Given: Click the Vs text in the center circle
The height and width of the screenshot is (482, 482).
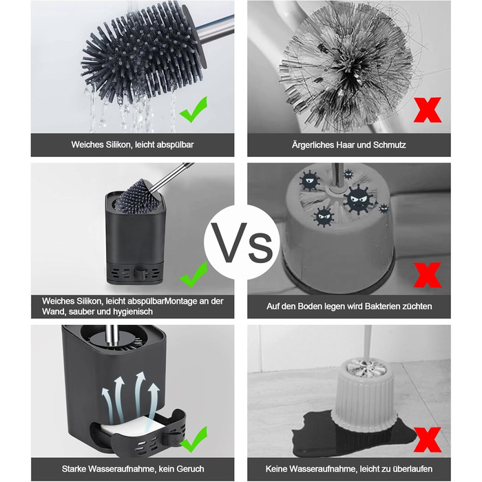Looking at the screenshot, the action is [x=242, y=242].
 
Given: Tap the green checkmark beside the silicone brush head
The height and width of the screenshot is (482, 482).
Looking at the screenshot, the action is [x=193, y=109].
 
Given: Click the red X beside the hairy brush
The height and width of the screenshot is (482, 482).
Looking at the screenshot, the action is [x=428, y=110].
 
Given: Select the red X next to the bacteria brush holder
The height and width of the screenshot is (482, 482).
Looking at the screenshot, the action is [x=428, y=275].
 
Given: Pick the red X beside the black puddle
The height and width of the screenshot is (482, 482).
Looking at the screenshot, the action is [x=428, y=439].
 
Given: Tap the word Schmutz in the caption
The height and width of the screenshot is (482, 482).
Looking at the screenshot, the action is [x=390, y=145].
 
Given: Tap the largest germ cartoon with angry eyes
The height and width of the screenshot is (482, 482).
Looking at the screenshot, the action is [x=359, y=199].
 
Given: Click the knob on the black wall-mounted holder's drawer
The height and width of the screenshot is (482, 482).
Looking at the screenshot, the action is [x=139, y=273].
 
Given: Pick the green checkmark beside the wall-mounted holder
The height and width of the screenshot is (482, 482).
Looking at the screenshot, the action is [x=193, y=275].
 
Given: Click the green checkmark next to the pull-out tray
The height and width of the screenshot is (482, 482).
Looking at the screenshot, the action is [x=193, y=439].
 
